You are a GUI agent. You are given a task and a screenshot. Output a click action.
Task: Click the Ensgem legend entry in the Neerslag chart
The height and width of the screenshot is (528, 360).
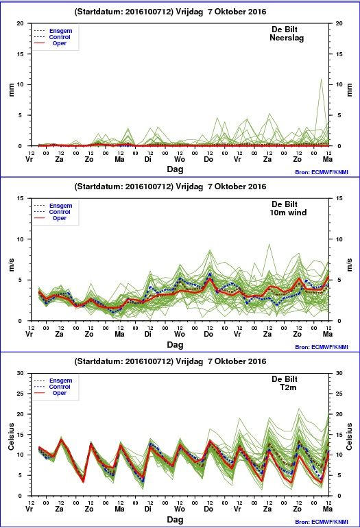[x=53, y=31]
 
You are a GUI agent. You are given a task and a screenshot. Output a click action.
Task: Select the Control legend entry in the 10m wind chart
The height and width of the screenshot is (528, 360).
[x=52, y=212]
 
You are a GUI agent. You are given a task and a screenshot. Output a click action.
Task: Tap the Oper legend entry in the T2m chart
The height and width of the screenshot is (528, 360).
[x=50, y=393]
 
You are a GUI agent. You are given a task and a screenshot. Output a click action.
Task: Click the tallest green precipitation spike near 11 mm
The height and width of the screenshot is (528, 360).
[x=322, y=80]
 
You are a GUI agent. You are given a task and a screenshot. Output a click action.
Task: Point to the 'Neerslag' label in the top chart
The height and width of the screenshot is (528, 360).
[x=287, y=38]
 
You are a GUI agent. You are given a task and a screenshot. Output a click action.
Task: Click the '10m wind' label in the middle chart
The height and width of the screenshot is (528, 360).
[x=288, y=213]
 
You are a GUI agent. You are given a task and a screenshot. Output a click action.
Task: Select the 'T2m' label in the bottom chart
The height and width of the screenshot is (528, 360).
[x=288, y=387]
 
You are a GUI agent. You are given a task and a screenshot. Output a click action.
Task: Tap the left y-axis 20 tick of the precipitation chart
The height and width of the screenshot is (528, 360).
[x=21, y=23]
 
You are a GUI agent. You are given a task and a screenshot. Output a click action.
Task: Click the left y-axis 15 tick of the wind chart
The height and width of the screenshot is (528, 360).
[x=21, y=198]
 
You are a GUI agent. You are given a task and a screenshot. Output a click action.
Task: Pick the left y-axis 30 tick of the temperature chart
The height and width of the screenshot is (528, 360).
[x=21, y=373]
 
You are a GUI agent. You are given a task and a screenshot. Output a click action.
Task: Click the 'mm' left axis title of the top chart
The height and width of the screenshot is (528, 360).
[x=12, y=90]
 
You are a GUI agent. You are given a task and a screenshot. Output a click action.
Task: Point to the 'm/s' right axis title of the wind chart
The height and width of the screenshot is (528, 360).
[x=350, y=265]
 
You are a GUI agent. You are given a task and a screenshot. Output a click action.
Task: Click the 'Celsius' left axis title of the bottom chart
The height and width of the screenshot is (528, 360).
[x=12, y=437]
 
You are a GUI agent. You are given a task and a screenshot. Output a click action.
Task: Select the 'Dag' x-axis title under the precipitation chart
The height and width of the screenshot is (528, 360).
[x=175, y=169]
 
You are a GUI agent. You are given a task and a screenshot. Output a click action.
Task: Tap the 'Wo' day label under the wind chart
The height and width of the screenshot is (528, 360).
[x=180, y=334]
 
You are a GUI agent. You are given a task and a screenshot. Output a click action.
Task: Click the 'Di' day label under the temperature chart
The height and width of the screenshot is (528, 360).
[x=148, y=509]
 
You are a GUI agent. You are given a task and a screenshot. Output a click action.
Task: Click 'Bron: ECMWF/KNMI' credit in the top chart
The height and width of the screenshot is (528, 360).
[x=322, y=172]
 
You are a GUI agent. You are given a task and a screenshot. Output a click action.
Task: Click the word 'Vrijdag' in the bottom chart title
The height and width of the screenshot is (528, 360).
[x=189, y=361]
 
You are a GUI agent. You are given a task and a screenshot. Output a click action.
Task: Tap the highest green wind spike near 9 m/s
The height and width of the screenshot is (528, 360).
[x=269, y=245]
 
